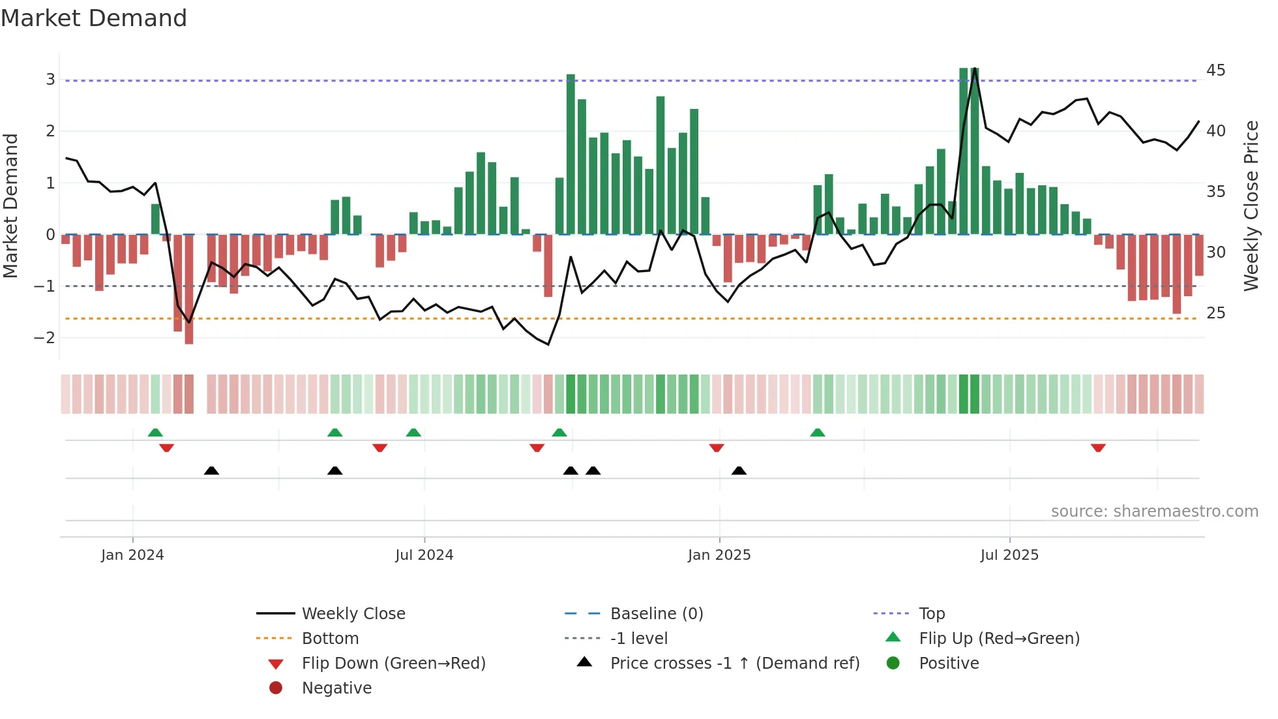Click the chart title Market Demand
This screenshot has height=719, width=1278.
tap(94, 18)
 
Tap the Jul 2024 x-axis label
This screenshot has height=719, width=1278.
tap(424, 555)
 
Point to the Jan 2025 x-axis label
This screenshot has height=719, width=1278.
tap(719, 555)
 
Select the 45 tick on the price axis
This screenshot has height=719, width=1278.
tap(1215, 70)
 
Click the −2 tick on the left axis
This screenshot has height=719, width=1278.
tap(44, 338)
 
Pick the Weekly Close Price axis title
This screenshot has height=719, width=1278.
tap(1251, 206)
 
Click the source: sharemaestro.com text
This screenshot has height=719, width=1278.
tap(1154, 512)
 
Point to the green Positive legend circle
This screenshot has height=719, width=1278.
tap(893, 664)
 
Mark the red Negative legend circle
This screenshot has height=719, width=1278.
tap(276, 688)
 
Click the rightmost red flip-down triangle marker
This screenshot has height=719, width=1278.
tap(1098, 448)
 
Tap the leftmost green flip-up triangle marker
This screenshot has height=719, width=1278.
tap(155, 433)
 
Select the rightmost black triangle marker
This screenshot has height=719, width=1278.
tap(739, 470)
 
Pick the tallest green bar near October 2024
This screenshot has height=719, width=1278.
tap(571, 154)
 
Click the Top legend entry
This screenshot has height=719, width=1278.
tap(932, 614)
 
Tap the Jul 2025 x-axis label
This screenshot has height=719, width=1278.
tap(1009, 555)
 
